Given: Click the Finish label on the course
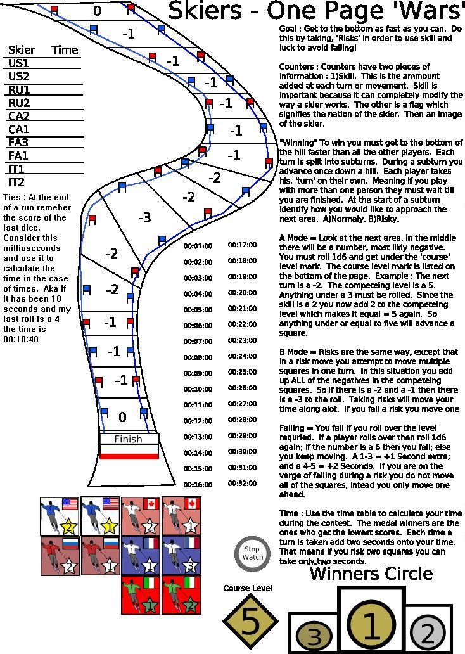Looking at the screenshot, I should [x=128, y=439].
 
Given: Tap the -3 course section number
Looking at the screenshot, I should [x=144, y=218].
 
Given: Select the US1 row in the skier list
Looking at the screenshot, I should [x=19, y=63].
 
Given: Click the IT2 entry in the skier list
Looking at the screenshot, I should [x=16, y=183].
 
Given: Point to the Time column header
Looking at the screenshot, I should [x=65, y=50].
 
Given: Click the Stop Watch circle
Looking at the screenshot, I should [x=252, y=553].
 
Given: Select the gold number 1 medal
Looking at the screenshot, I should [x=371, y=625].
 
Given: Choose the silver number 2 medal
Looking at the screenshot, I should [x=428, y=632].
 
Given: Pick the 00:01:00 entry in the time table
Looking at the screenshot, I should [x=198, y=246].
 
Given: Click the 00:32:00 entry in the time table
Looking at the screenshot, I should [x=242, y=484].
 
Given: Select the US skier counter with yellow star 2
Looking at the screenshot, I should [x=60, y=516].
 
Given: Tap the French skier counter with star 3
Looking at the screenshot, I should [x=181, y=556].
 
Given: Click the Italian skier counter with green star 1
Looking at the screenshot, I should [x=141, y=596].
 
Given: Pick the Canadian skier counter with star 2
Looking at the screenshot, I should [x=141, y=516].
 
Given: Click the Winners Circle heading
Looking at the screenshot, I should [x=371, y=574].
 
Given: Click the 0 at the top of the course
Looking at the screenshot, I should [x=97, y=11].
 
